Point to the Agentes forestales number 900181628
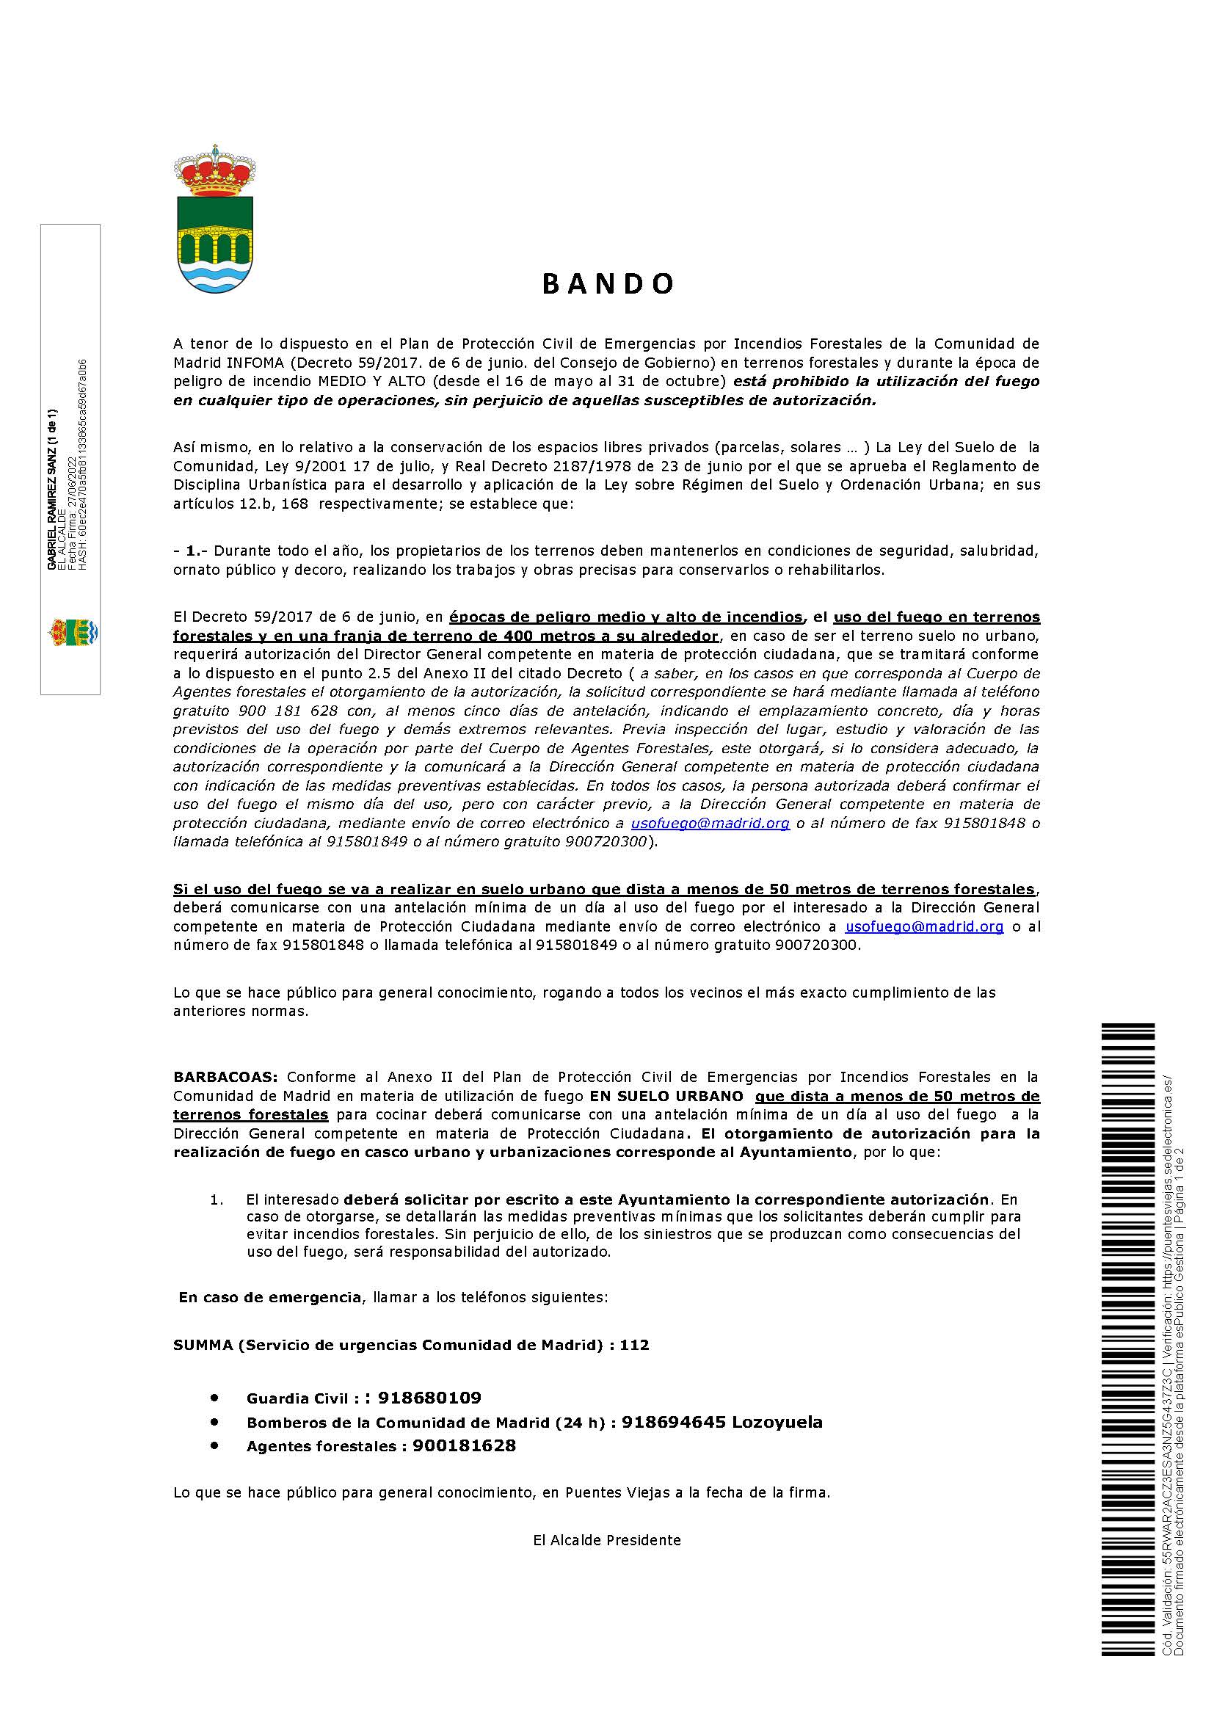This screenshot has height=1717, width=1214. (464, 1445)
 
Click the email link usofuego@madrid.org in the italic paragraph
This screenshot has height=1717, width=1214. (710, 824)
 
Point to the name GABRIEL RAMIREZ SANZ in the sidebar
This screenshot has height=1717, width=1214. (51, 489)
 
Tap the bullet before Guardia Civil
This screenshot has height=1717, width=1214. (215, 1397)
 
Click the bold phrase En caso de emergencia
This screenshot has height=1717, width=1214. (269, 1296)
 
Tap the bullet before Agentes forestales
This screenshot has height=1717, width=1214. (215, 1445)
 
